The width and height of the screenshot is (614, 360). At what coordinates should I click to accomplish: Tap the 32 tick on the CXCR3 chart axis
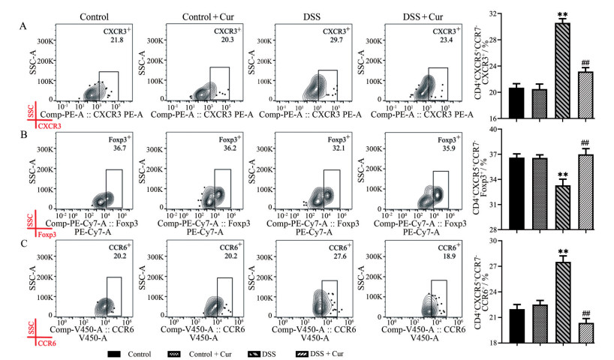495,13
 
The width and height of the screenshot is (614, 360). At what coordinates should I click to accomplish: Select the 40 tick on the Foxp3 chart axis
495,129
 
